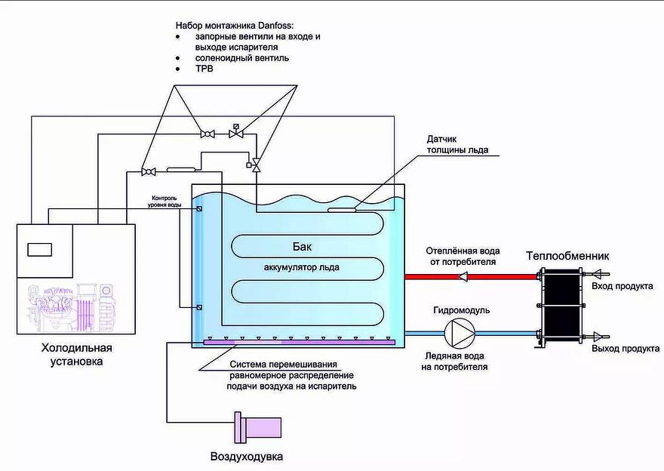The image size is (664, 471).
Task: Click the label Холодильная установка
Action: coord(76,355)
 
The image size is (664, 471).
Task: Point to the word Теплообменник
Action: coord(567,256)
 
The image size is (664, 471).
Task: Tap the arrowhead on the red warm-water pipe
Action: coord(463,276)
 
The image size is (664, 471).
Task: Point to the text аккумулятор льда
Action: coord(302,266)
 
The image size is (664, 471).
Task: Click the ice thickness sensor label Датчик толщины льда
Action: coord(457,144)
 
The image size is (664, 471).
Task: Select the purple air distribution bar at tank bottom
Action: coord(300,343)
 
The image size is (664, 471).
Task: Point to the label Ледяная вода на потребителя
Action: coord(453,362)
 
